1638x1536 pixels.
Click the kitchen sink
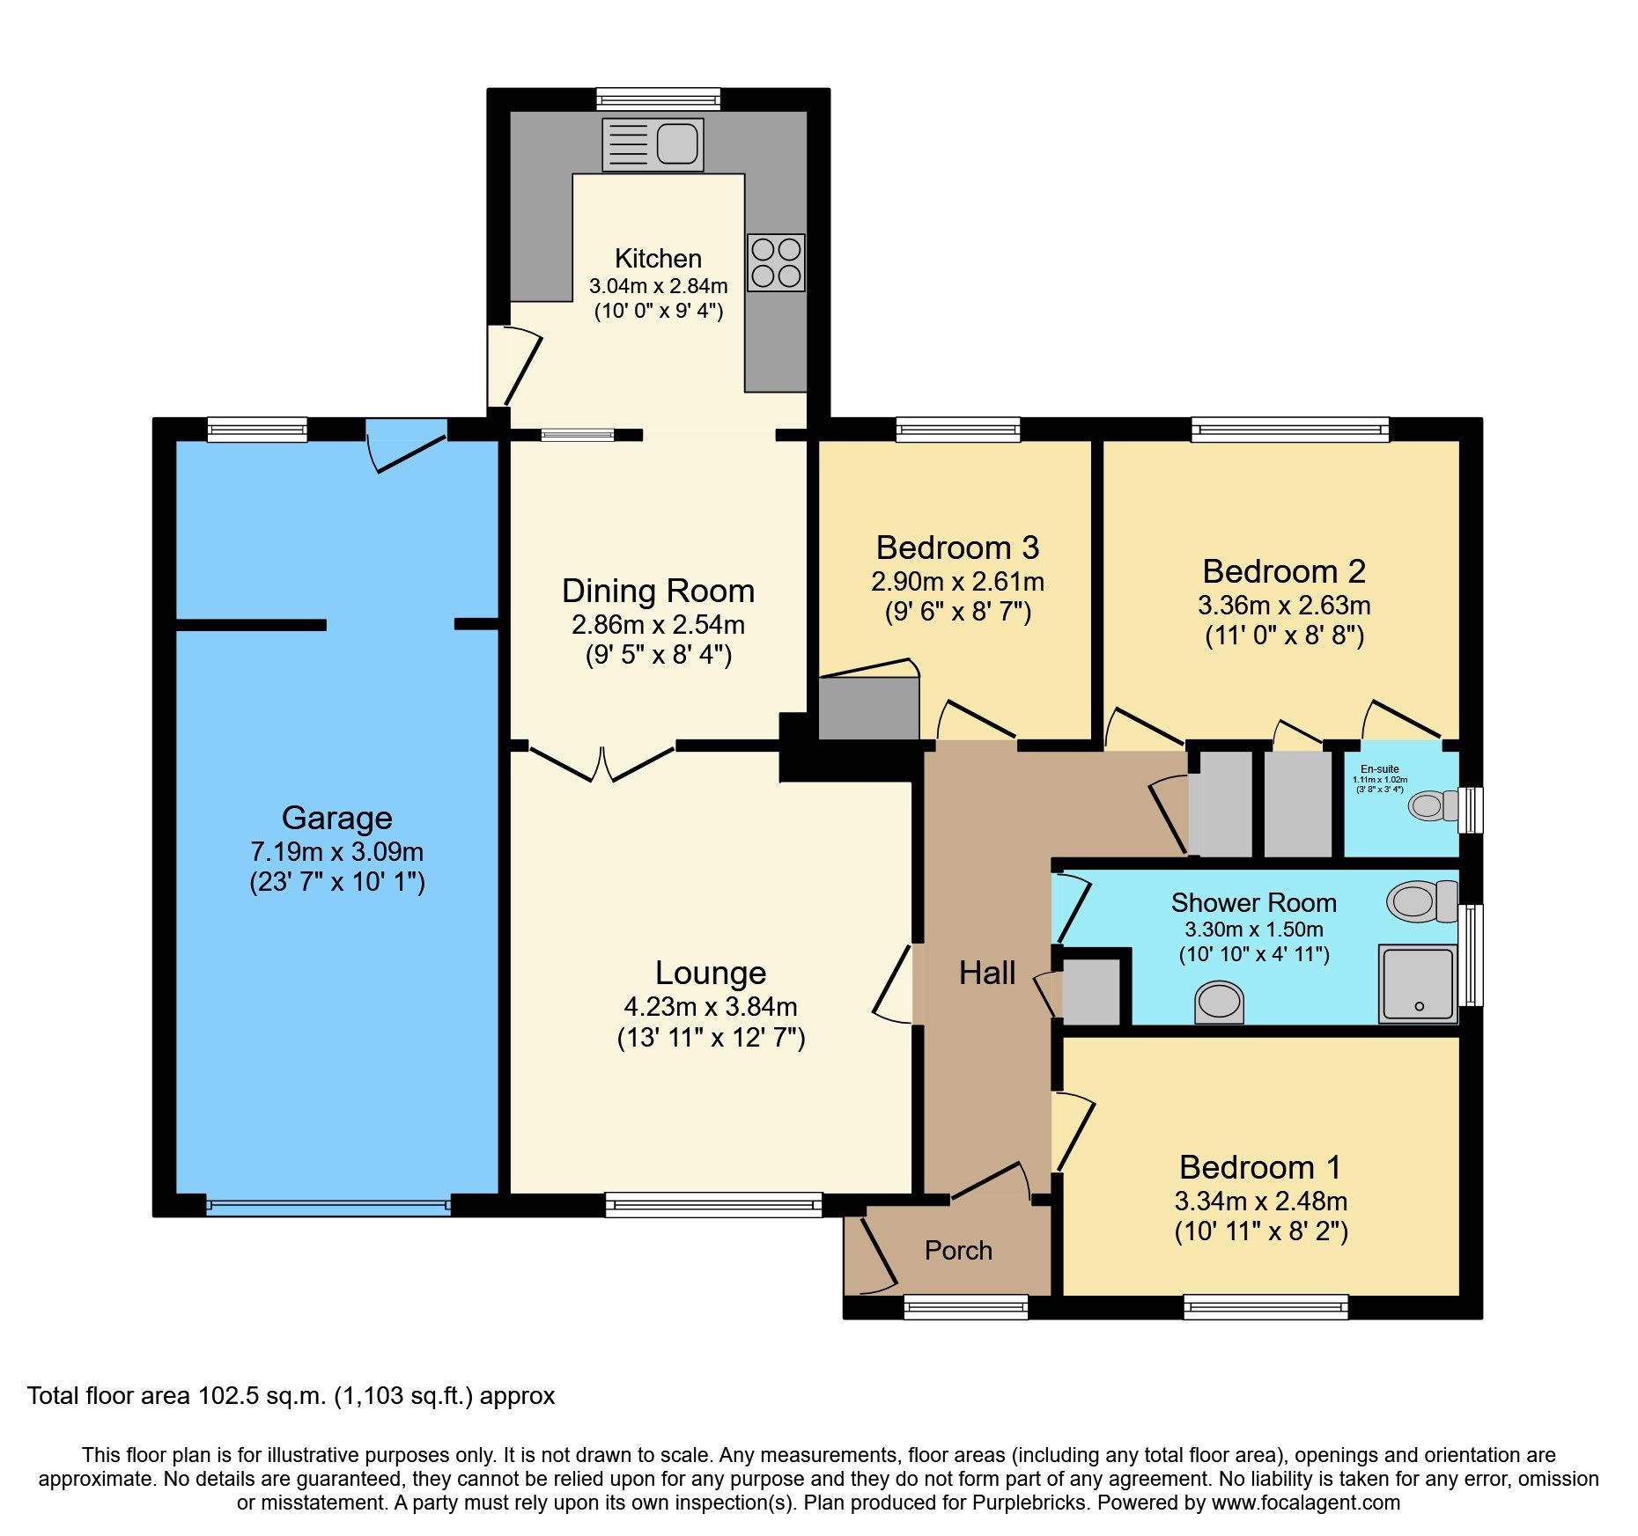(x=653, y=144)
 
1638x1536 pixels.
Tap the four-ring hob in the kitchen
(x=776, y=262)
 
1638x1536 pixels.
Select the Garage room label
(x=336, y=818)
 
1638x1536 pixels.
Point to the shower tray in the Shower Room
(x=1417, y=983)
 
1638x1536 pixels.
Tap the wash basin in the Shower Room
(x=1220, y=1003)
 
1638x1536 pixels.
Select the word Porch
(x=958, y=1251)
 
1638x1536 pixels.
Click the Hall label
(x=986, y=973)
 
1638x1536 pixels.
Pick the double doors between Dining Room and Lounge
(x=602, y=763)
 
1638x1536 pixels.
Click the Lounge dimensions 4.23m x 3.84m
(x=710, y=1006)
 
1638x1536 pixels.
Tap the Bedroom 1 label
(x=1260, y=1167)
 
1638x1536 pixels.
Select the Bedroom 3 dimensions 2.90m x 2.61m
(x=957, y=582)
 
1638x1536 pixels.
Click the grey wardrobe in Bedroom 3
(x=868, y=708)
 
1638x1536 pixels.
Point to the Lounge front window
(x=713, y=1205)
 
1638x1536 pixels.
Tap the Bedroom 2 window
(x=1289, y=430)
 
